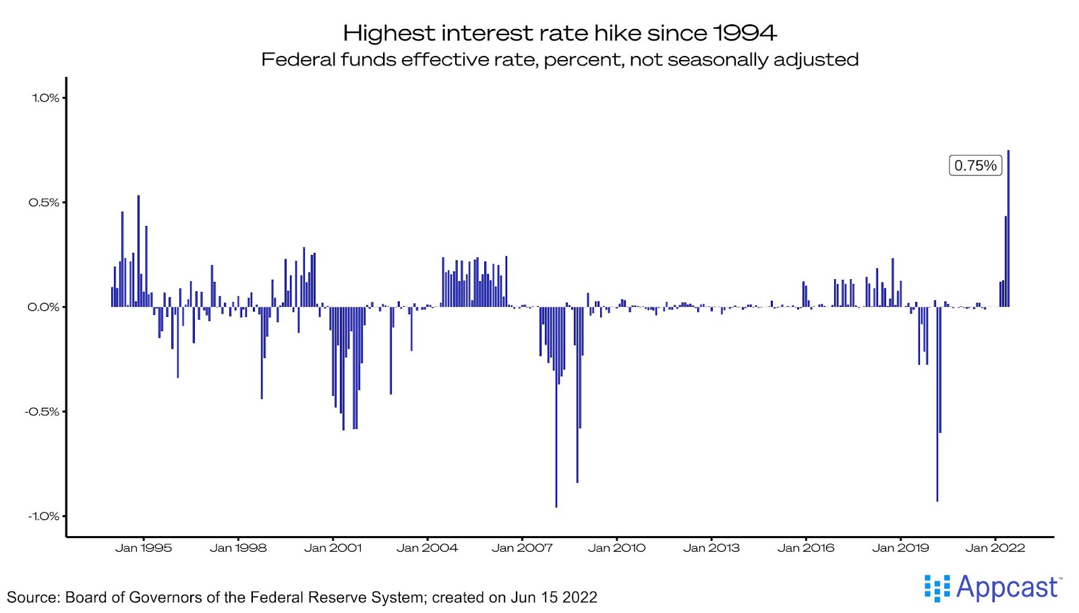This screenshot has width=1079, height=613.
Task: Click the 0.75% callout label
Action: coord(975,165)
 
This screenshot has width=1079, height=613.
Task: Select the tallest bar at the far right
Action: coord(1008,229)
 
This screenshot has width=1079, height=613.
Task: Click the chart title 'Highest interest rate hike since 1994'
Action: coord(560,32)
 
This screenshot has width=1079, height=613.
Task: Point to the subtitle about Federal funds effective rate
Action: coord(560,59)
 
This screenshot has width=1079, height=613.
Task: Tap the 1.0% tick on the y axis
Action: coord(45,98)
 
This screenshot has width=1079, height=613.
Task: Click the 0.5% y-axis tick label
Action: coord(44,202)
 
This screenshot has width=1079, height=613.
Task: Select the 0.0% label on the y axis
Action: coord(44,307)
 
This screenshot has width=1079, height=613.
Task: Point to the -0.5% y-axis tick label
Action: coord(42,411)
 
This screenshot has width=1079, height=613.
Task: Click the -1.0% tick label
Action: coord(43,516)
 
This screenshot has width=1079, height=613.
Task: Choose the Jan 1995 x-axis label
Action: coord(143,548)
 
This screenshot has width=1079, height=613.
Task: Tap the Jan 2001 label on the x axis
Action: coord(332,548)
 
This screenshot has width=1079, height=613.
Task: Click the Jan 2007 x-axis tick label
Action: coord(522,548)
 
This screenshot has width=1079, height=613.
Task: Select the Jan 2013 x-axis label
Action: coord(711,548)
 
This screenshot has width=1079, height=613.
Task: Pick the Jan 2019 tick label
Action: coord(900,548)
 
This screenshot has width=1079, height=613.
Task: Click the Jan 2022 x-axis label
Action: coord(995,548)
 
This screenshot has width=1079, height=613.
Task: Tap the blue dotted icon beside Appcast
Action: coord(937,588)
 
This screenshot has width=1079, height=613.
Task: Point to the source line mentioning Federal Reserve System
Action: coord(301,597)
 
